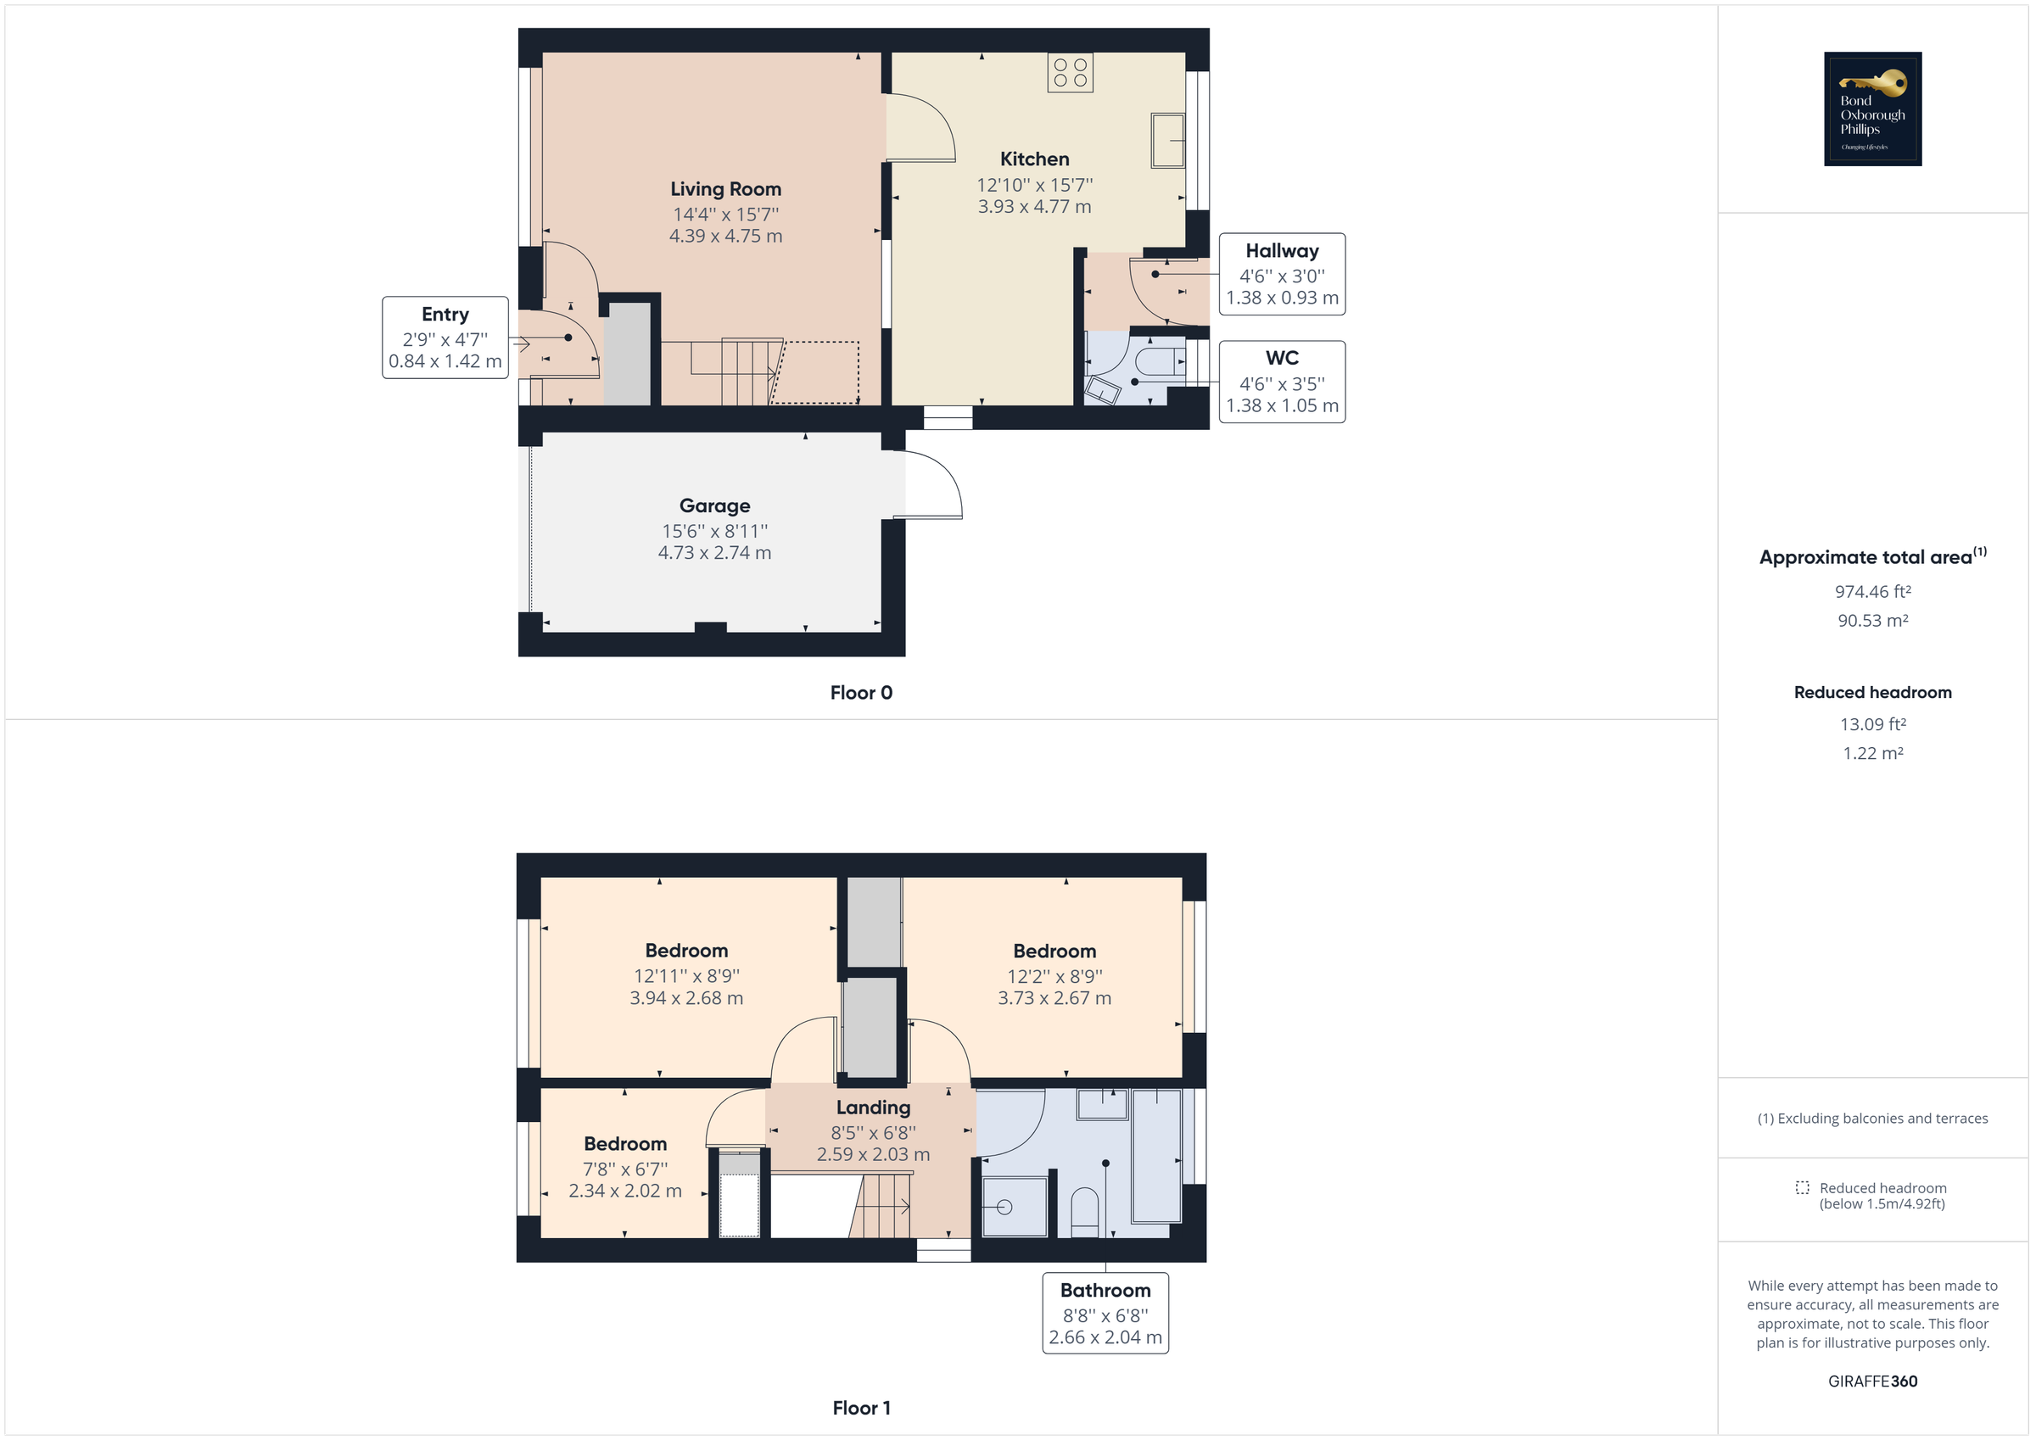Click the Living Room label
tap(725, 189)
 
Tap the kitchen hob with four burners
tap(1070, 73)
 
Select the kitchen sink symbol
tap(1167, 140)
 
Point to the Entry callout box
tap(445, 338)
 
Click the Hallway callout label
tap(1281, 251)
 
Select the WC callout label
tap(1281, 358)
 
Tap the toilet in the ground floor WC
tap(1158, 362)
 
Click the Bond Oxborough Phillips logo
tap(1872, 109)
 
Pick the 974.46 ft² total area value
tap(1872, 591)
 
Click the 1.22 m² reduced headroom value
tap(1872, 754)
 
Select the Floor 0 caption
tap(860, 694)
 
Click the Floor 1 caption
tap(860, 1408)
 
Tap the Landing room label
tap(873, 1108)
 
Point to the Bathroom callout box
tap(1105, 1313)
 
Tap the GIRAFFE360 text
tap(1872, 1381)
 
